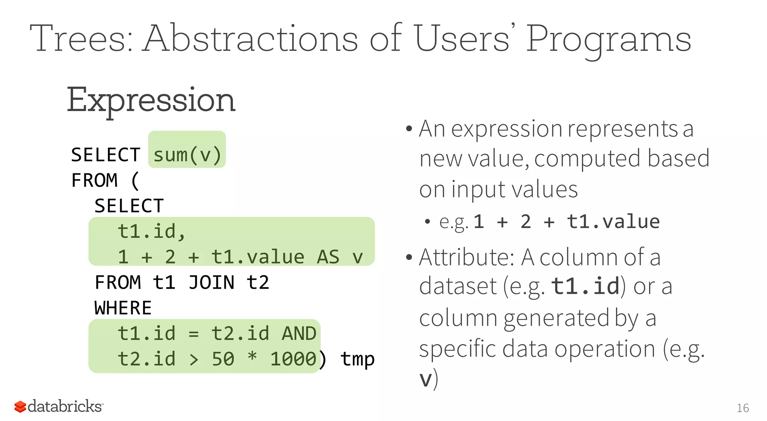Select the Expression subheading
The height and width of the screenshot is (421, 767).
(151, 100)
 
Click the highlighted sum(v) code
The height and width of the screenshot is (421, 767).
(187, 154)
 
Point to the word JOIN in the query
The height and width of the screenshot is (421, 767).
(211, 282)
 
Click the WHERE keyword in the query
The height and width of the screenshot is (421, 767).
(123, 308)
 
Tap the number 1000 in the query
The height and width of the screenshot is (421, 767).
(293, 359)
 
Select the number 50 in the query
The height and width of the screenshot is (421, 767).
(223, 359)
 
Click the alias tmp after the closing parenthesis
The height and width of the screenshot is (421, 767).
(357, 359)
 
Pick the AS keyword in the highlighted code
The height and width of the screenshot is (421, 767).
(328, 257)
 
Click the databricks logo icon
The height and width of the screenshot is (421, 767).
(20, 406)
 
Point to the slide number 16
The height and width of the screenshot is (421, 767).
(743, 408)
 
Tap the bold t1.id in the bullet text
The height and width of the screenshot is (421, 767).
(585, 286)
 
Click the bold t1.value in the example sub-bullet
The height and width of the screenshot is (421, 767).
(613, 221)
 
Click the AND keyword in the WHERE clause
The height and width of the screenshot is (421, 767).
(299, 333)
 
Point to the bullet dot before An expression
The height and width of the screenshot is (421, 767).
(409, 129)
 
